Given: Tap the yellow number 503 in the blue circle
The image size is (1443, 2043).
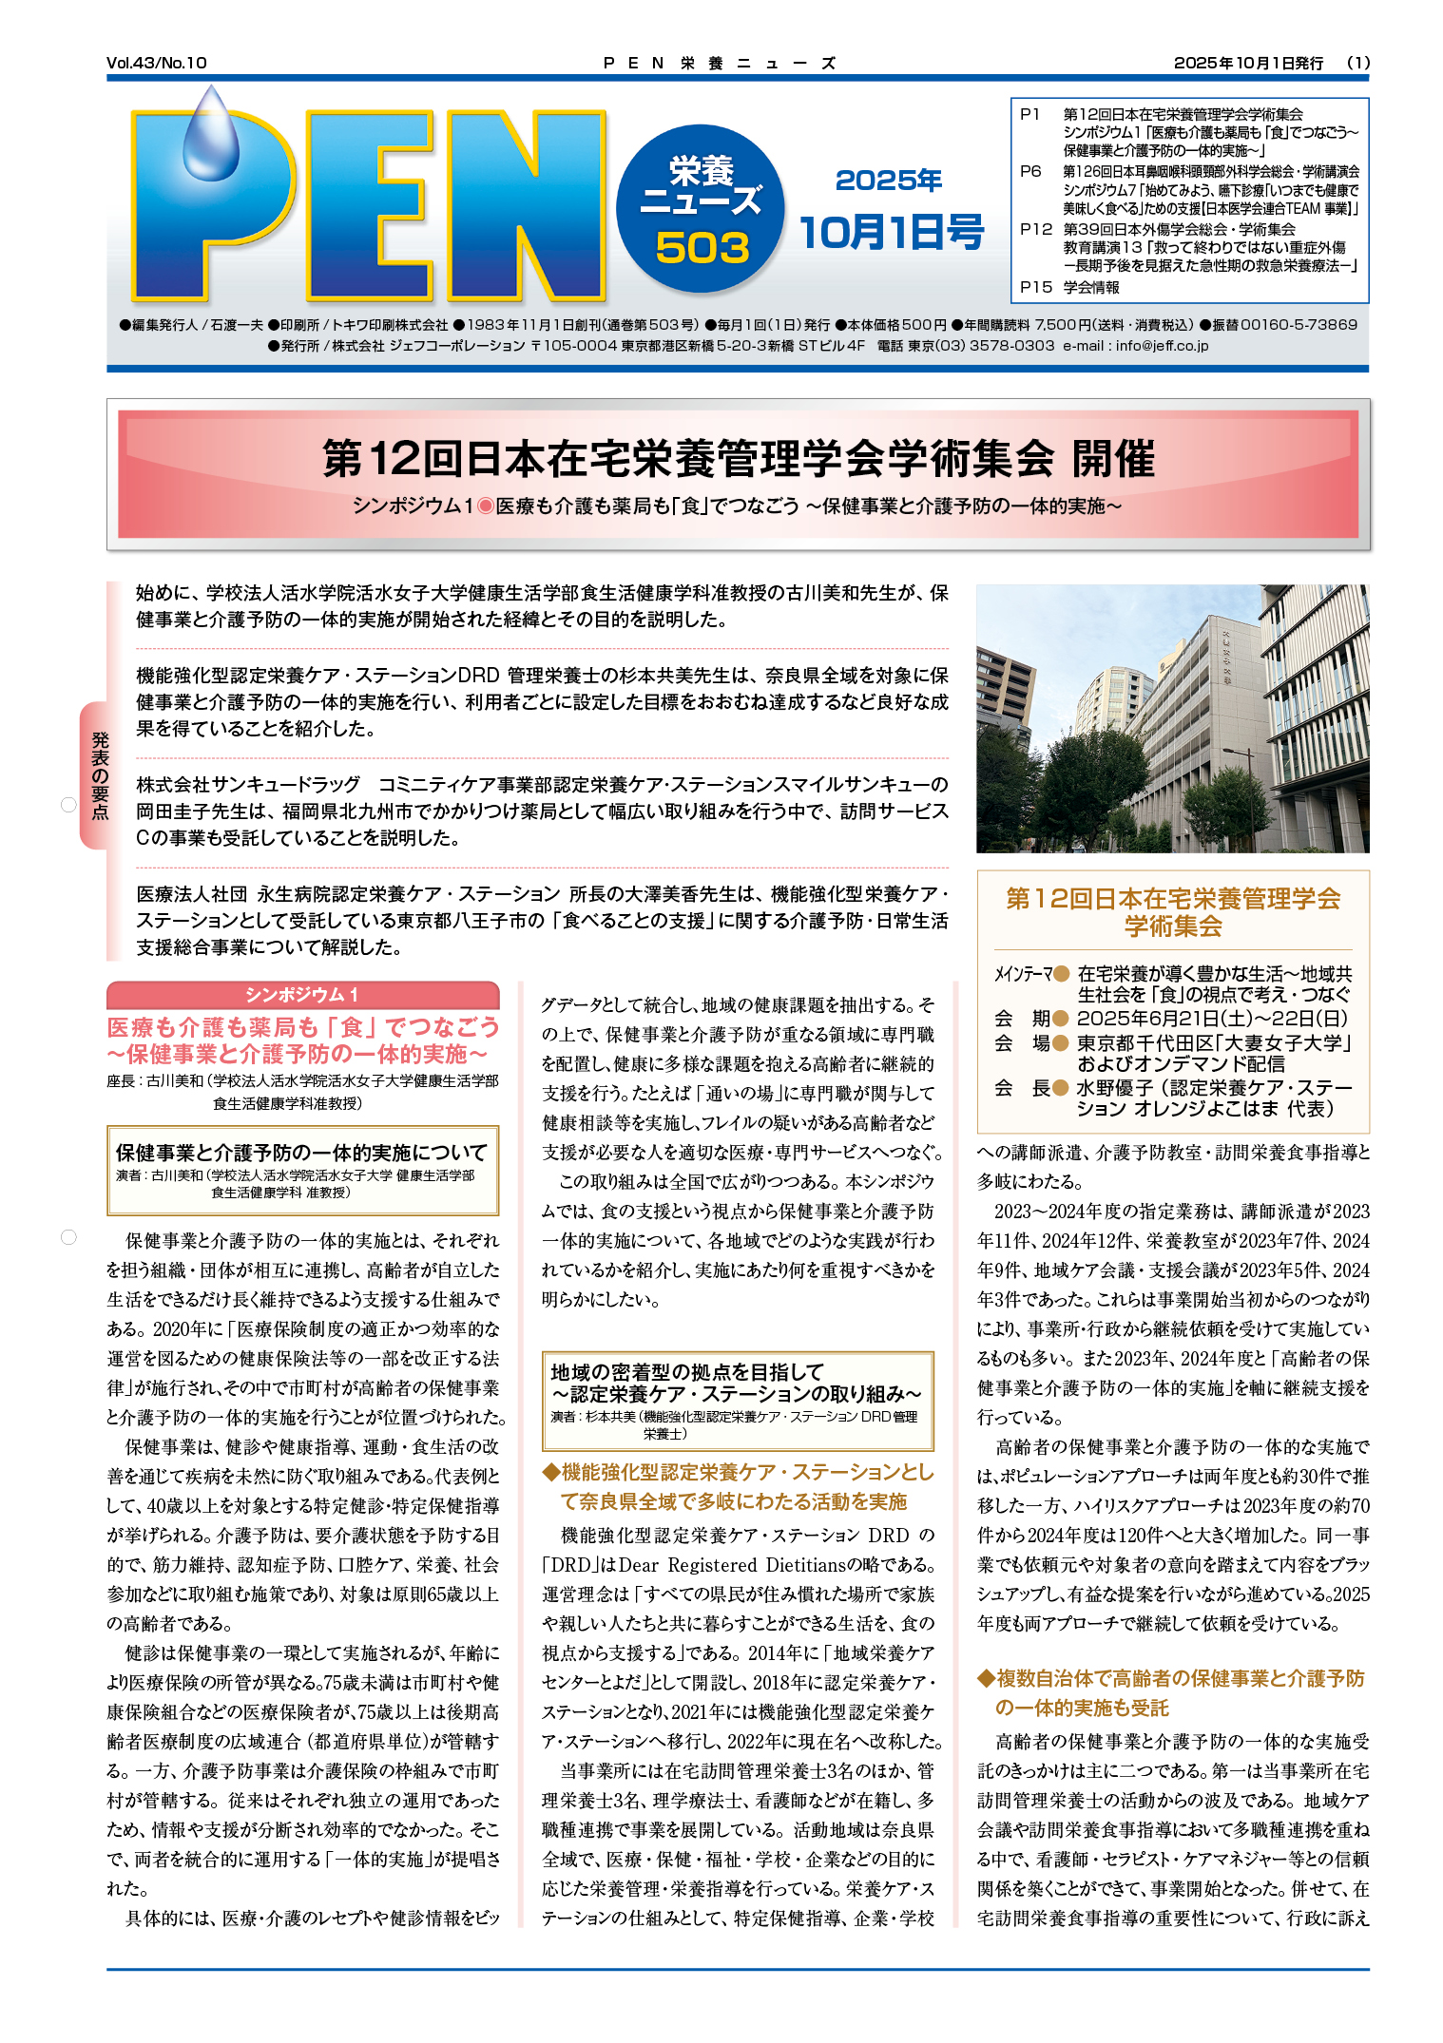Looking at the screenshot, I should coord(702,249).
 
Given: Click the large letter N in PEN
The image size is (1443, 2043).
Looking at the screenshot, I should coord(526,204).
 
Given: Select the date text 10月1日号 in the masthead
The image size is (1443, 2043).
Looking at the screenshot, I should coord(891,233).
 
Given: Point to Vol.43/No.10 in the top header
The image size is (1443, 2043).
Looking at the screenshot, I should coord(157,63).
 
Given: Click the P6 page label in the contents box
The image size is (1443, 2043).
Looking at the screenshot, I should coord(1030,171).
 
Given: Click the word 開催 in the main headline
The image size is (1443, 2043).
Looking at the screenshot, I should coord(1113,459).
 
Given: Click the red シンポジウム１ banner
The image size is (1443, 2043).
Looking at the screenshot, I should coord(302,995).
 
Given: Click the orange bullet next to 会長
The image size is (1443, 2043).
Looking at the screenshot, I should coord(1061,1088).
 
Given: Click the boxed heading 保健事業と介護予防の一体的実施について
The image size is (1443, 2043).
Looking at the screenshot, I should coord(301,1153).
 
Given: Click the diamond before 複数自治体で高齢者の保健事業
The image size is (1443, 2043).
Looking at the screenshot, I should coord(986,1679).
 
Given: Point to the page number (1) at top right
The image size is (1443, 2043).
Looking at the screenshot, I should coord(1358,63).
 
